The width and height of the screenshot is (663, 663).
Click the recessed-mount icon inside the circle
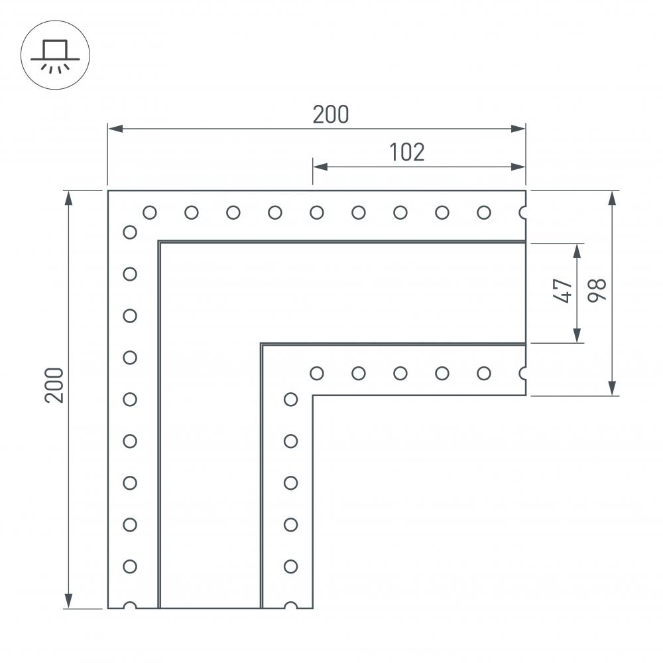55,54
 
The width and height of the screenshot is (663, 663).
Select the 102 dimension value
406,152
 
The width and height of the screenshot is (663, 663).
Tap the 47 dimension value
562,291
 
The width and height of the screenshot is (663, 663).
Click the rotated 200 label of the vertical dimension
54,384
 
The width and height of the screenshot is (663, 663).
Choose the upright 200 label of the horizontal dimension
330,115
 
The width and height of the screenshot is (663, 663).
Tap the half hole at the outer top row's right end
523,212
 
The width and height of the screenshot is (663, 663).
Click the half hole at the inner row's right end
523,373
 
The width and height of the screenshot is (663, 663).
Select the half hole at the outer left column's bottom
130,606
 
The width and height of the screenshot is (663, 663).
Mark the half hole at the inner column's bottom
290,606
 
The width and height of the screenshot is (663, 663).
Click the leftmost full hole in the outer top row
150,212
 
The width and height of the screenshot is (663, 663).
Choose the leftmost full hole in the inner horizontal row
317,373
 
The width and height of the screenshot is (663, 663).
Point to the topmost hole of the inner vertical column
290,399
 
